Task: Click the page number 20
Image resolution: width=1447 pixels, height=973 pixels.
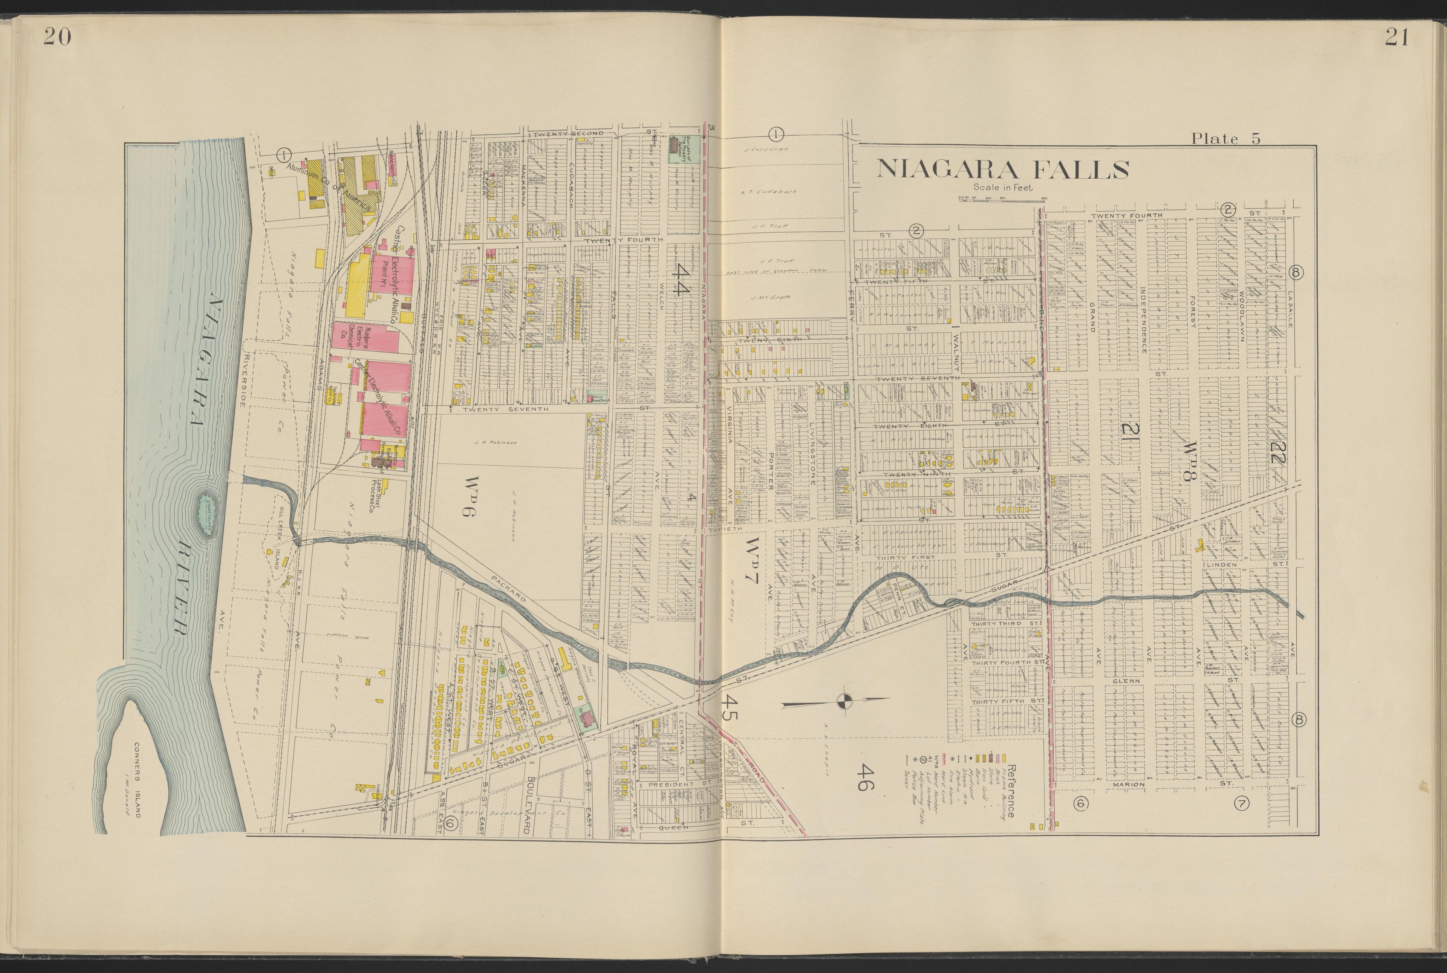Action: [58, 38]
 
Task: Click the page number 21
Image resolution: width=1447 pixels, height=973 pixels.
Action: [1396, 38]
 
